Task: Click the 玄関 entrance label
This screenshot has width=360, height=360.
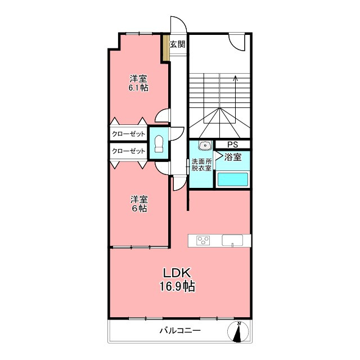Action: [178, 44]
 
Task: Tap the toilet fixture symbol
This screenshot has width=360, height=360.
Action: [159, 144]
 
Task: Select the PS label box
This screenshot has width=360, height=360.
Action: [232, 145]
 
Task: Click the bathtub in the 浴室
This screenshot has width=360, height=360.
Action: [232, 179]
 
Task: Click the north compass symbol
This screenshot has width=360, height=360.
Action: [238, 332]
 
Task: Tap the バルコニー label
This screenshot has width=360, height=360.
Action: [180, 331]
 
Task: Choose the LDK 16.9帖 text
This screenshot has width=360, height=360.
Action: [177, 280]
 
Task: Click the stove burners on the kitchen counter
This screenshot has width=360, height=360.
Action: [203, 240]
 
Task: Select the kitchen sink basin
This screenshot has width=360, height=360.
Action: [232, 240]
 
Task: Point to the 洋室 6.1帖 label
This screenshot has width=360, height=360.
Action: [138, 83]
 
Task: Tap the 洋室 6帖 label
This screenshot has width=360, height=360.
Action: [139, 204]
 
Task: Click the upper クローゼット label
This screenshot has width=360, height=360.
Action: [129, 134]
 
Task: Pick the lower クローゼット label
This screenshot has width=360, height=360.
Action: [129, 151]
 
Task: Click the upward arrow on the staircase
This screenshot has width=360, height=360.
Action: [235, 92]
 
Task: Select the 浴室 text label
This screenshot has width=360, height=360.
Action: [233, 157]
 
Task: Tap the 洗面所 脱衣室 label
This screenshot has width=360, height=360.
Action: [201, 165]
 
